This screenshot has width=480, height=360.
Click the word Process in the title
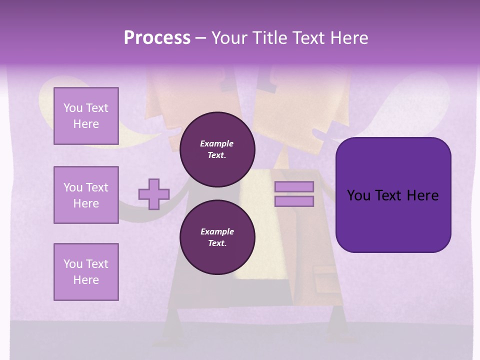click(x=157, y=38)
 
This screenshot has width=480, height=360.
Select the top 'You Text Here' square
click(x=86, y=116)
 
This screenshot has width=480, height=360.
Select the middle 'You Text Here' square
click(x=86, y=195)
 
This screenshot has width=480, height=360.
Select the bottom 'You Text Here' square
click(x=86, y=272)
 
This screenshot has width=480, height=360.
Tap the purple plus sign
click(x=154, y=194)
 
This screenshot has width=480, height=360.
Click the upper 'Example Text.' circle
click(x=217, y=149)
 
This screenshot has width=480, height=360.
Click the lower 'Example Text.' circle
click(x=217, y=237)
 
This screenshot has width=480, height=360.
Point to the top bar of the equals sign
click(x=294, y=186)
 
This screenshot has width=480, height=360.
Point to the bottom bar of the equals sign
click(x=294, y=201)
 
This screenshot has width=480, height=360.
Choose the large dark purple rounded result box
click(x=393, y=195)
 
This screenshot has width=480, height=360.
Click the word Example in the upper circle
click(x=217, y=143)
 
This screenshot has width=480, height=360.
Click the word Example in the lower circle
click(x=217, y=231)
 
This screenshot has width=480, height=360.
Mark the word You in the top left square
click(x=73, y=108)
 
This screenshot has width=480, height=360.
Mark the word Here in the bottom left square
click(x=86, y=280)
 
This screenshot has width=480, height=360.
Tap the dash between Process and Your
click(x=201, y=38)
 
